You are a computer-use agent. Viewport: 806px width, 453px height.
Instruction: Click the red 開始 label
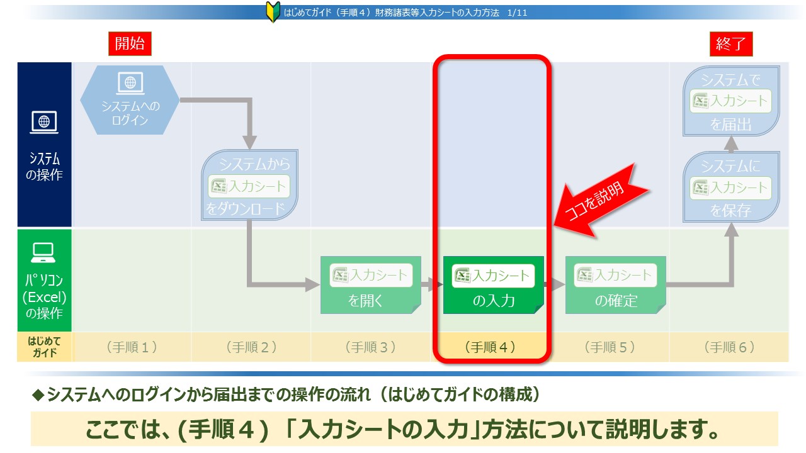click(x=130, y=44)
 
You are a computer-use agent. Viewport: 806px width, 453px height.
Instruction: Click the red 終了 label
click(x=731, y=44)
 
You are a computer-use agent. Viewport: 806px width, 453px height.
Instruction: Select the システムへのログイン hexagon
click(x=130, y=100)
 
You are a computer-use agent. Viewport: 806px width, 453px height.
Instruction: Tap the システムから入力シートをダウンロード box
click(x=249, y=185)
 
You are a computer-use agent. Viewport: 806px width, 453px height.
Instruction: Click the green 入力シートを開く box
click(x=371, y=285)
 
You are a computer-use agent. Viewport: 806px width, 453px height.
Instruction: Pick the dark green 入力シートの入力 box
click(x=493, y=285)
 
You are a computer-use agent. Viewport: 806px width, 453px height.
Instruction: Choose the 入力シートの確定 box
click(x=616, y=285)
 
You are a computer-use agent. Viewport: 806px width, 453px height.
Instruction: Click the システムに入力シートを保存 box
click(x=731, y=187)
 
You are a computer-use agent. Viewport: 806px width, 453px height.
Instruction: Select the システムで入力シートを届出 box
click(x=731, y=101)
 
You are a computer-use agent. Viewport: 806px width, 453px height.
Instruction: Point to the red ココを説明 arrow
click(x=599, y=202)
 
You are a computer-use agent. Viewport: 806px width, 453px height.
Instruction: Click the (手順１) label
click(x=132, y=347)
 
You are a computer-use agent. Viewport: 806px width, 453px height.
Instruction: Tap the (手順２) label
click(x=251, y=347)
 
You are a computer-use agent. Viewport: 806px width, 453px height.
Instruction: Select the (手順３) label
click(x=371, y=347)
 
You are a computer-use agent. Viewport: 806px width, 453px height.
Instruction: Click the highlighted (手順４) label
click(x=490, y=347)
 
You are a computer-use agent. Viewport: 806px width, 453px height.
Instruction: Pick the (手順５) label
click(x=610, y=347)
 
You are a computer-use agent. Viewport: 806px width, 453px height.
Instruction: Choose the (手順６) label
click(x=729, y=347)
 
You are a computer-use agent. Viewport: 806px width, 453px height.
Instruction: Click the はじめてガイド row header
click(x=45, y=347)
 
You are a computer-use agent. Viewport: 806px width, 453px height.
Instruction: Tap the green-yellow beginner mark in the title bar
click(x=273, y=12)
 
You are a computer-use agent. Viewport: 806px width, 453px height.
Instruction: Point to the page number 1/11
click(x=517, y=13)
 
